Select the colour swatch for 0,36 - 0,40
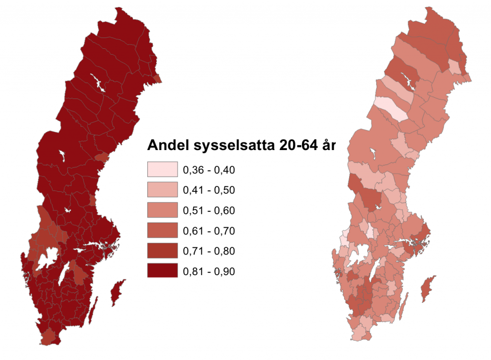(163, 170)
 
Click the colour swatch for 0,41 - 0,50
(163, 190)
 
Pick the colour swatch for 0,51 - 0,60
(163, 210)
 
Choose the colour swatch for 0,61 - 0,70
(163, 231)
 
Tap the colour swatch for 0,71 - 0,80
(163, 251)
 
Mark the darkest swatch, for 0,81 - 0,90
(163, 271)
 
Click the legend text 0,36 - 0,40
(209, 170)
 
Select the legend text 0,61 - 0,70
(209, 231)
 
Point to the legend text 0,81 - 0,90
(209, 271)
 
